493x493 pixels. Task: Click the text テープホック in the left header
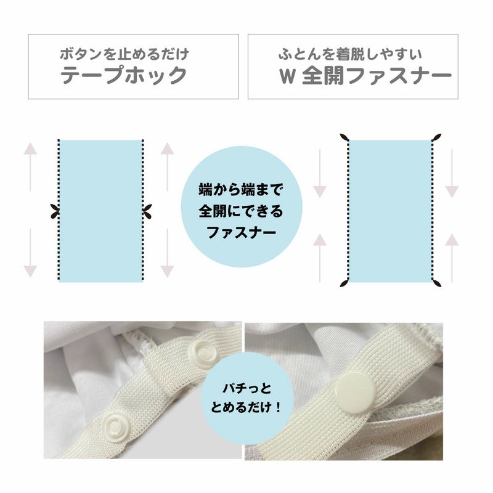coord(124,75)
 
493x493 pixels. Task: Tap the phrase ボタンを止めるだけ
coord(124,54)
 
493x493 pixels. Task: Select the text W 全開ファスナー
coord(365,76)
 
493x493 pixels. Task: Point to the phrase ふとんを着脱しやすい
coord(350,54)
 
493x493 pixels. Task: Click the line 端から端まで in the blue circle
coord(241,190)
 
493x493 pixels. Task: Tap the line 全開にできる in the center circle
coord(241,211)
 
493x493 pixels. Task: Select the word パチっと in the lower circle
coord(247,389)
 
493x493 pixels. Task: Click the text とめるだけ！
coord(246,408)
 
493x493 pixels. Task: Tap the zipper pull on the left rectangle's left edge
coord(55,211)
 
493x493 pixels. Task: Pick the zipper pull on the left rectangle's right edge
coord(147,211)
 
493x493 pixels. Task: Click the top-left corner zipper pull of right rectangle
coord(344,137)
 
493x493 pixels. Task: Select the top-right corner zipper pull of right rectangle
coord(437,137)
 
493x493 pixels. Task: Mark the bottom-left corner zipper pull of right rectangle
coord(344,283)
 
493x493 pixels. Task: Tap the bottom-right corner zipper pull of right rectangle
coord(437,283)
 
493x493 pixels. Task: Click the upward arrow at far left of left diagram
coord(30,167)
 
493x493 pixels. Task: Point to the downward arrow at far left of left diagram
coord(30,253)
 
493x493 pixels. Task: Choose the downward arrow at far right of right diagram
coord(452,174)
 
